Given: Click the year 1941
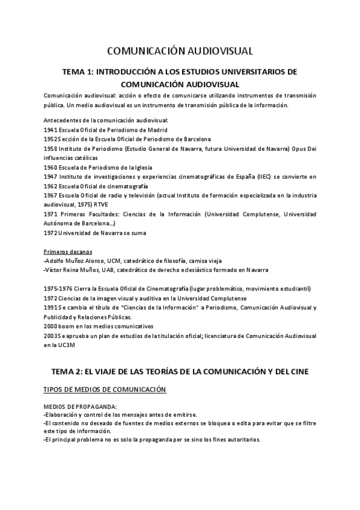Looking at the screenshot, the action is (x=51, y=130).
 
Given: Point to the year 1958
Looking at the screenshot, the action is (x=51, y=149).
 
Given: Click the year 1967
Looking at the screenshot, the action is (x=51, y=195).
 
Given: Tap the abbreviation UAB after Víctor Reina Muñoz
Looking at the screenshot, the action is (x=97, y=270).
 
